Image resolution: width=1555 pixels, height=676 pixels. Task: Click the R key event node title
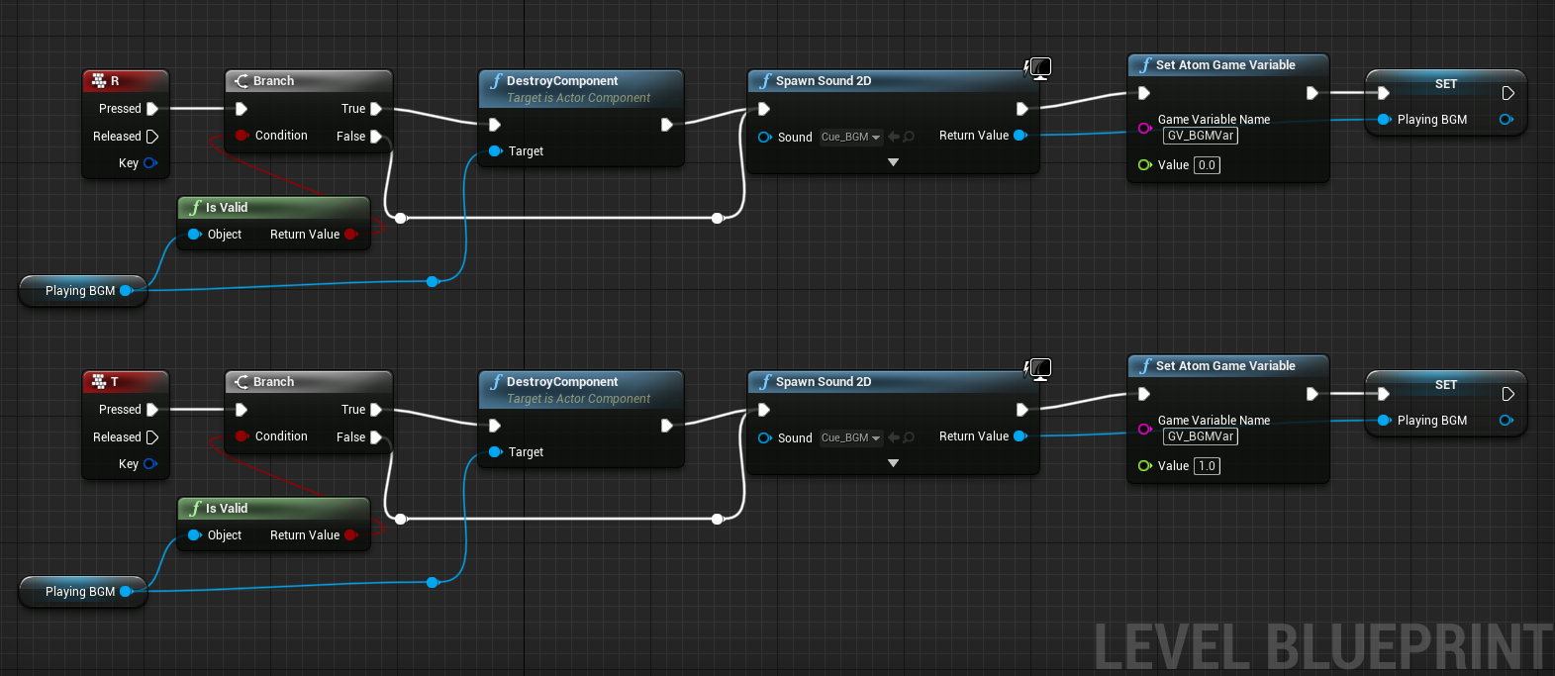point(115,81)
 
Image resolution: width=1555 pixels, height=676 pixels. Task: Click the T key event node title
point(115,382)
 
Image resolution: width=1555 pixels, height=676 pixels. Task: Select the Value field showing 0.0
point(1208,165)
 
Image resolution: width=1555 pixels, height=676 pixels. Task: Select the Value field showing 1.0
point(1208,466)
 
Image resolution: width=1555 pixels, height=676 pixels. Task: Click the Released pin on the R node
point(152,136)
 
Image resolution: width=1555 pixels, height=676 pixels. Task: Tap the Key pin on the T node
point(150,463)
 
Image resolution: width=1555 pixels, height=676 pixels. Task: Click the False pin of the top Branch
point(376,136)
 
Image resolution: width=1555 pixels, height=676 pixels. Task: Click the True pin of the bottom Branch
point(376,410)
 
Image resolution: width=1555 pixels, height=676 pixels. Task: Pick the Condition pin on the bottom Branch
point(242,435)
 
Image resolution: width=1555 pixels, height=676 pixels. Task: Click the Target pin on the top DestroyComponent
point(495,151)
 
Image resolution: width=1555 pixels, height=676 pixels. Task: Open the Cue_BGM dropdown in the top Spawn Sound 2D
point(851,137)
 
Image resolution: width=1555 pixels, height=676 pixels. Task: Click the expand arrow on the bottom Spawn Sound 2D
point(894,463)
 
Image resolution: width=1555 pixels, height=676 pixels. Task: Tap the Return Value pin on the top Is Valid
point(351,234)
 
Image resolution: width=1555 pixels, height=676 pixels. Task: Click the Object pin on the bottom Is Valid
point(194,535)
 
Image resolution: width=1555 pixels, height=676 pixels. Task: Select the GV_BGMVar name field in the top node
point(1201,136)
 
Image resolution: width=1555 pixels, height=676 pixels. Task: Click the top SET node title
point(1446,84)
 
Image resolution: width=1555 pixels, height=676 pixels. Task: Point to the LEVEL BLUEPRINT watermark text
point(1323,647)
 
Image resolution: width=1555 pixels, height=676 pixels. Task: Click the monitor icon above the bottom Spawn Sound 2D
point(1040,368)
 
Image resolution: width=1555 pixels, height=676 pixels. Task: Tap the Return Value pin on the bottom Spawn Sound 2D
point(1020,435)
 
